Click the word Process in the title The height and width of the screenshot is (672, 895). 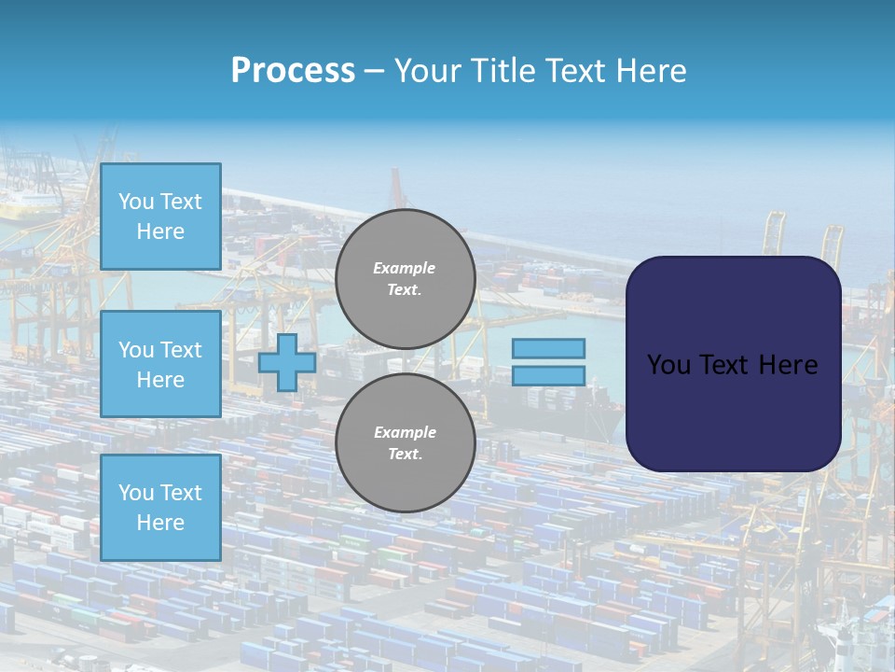pos(293,71)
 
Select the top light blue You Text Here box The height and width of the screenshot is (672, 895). pos(160,217)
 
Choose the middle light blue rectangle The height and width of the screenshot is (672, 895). pos(160,364)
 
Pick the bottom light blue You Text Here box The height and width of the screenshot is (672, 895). pos(160,507)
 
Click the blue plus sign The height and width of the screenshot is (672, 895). pos(286,362)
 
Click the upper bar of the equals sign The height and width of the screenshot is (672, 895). pos(549,348)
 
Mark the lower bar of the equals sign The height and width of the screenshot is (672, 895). pos(549,376)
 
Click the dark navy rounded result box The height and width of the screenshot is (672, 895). pos(733,411)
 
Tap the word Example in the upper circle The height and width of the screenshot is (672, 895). pos(405,268)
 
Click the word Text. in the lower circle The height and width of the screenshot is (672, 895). pos(405,455)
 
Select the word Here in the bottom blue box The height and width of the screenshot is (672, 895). pos(160,523)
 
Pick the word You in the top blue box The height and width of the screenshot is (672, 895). pos(136,202)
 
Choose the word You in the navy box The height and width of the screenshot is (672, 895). pos(668,365)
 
